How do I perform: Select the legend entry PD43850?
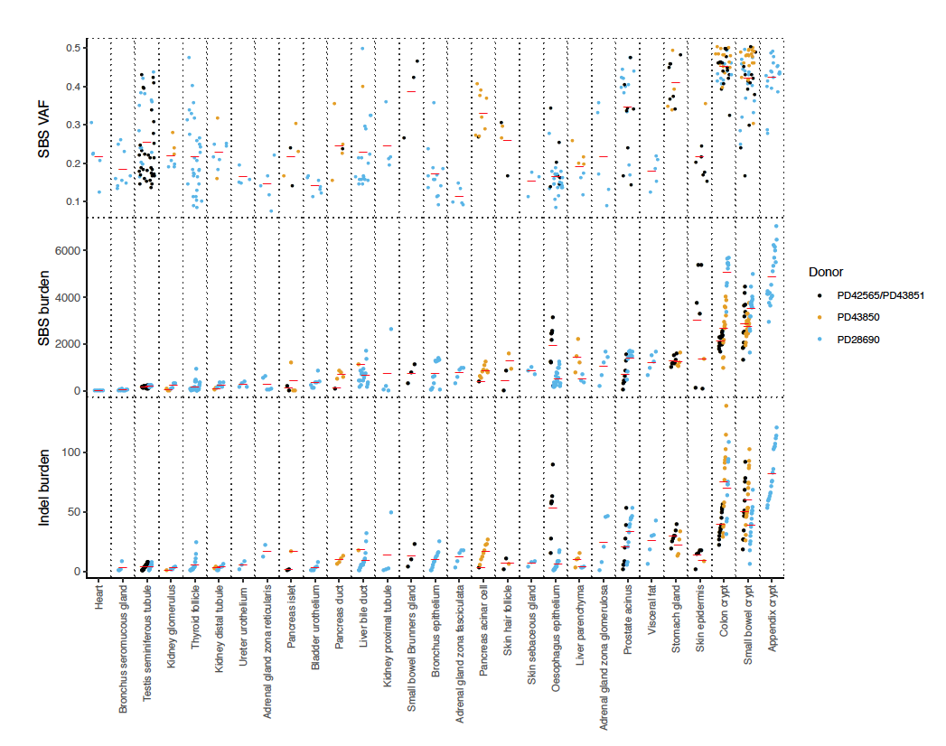(858, 317)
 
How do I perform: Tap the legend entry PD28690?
(858, 340)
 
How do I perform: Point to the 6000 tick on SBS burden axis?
(74, 250)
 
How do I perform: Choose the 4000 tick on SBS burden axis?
(74, 297)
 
